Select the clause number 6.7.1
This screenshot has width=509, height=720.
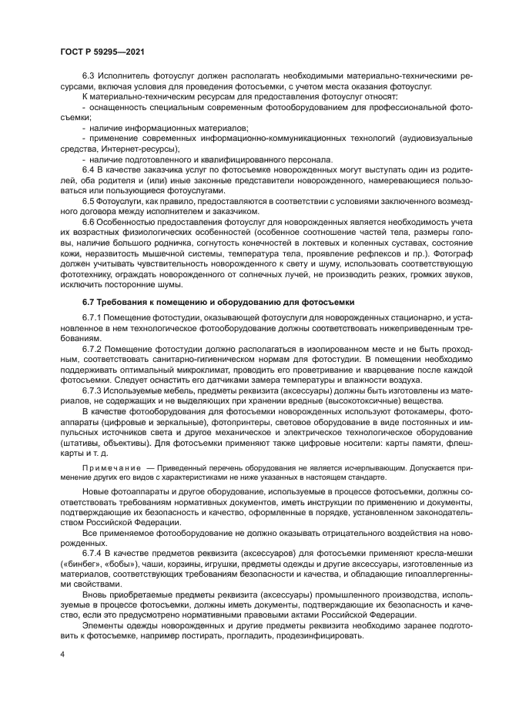(94, 317)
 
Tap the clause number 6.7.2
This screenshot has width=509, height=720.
(94, 350)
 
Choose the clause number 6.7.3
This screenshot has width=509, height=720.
(94, 391)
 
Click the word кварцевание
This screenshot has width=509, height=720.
(366, 370)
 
